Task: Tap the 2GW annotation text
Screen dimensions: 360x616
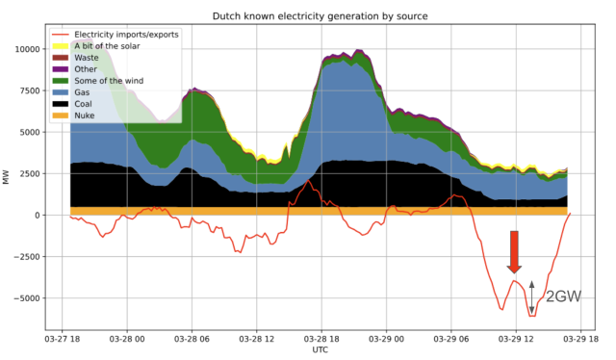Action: pos(563,297)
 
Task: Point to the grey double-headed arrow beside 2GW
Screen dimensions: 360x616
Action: pos(531,297)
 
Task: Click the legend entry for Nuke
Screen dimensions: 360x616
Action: pos(98,116)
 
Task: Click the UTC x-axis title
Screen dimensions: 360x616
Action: pos(320,350)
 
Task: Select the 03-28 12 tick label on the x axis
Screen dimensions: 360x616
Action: pos(256,339)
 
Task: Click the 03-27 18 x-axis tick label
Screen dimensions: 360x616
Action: pos(63,339)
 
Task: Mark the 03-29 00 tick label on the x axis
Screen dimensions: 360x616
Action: pos(385,339)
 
